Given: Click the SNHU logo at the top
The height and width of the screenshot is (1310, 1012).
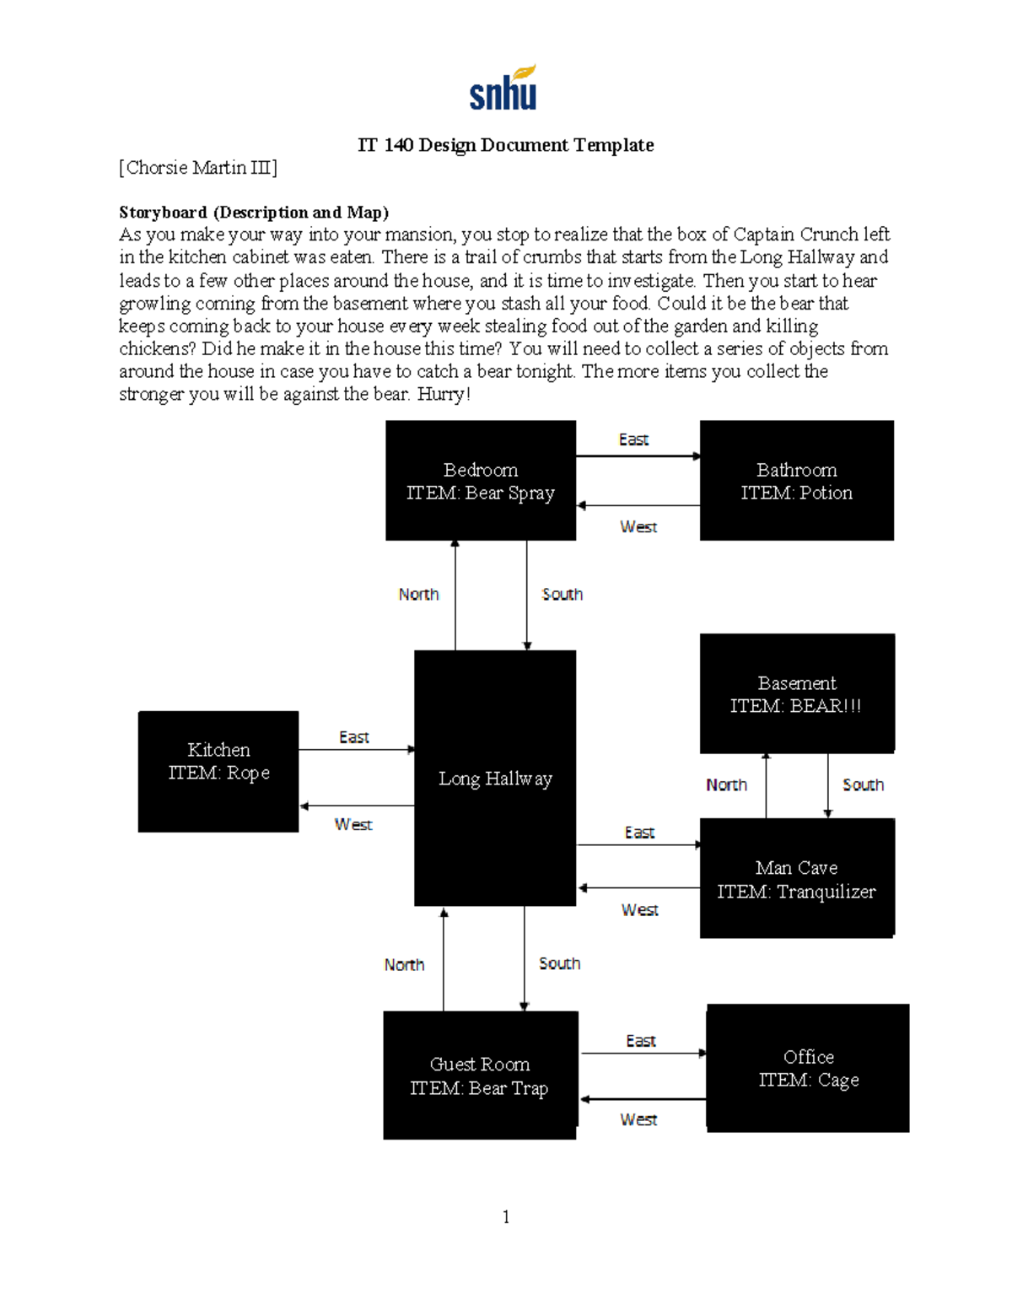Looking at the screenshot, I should (x=503, y=89).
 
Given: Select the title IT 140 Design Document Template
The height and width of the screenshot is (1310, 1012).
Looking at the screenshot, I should (x=505, y=145).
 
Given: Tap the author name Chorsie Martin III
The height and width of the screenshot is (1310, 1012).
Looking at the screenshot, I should (x=198, y=168).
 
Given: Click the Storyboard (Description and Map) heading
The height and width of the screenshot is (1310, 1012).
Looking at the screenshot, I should (x=254, y=212).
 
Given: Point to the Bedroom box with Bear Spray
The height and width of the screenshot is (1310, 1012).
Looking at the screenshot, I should (x=481, y=481).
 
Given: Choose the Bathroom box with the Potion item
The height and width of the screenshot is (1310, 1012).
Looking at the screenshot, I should (x=796, y=481).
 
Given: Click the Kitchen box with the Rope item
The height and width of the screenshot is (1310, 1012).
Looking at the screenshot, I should (x=218, y=771).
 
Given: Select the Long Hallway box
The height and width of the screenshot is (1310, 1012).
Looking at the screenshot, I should (x=495, y=778).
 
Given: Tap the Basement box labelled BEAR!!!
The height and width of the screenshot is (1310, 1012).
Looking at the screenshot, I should (x=796, y=693).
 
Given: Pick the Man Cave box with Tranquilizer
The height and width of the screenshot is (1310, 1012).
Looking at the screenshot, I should (x=796, y=878).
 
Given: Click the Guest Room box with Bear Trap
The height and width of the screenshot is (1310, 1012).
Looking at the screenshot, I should (x=479, y=1075).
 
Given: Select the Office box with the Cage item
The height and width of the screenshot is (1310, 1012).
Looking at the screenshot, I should (x=808, y=1068).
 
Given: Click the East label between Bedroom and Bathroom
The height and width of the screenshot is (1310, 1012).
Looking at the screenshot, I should (x=633, y=439).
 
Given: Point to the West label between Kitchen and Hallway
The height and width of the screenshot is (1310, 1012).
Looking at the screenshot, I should (x=353, y=824).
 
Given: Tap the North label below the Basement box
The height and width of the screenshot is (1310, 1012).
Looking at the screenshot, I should (x=726, y=784).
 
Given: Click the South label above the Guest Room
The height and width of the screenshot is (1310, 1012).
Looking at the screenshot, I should (x=559, y=963).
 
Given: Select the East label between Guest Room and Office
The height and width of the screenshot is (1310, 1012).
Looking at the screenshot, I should (x=640, y=1041).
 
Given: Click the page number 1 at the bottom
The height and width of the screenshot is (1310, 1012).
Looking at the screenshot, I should (x=505, y=1216).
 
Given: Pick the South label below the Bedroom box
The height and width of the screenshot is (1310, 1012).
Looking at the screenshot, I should (x=562, y=594).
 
